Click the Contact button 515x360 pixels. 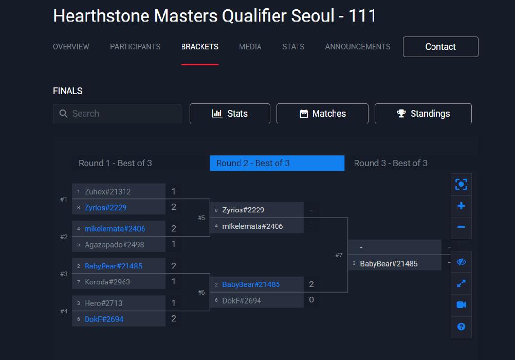(440, 47)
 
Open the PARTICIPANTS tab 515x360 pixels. (135, 47)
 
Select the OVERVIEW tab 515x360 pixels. (71, 47)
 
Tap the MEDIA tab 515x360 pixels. (250, 47)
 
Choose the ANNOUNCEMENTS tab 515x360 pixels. (358, 47)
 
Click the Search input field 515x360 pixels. (117, 114)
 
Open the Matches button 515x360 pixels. (322, 114)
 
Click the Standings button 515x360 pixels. (423, 114)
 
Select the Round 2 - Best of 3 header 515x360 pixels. (277, 163)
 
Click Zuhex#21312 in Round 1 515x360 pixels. (108, 192)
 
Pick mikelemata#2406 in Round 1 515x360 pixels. (115, 229)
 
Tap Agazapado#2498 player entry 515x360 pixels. (115, 245)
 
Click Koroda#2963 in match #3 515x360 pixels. (107, 282)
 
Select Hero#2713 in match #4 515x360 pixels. (103, 303)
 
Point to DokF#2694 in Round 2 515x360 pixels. (242, 301)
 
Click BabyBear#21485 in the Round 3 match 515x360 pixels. (389, 264)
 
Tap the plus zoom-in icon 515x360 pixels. (461, 206)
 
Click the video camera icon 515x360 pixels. (461, 305)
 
